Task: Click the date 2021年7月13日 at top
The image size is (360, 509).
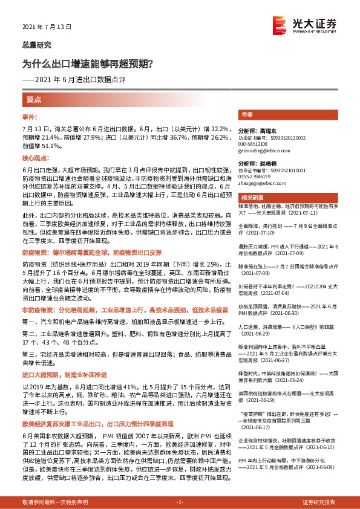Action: click(47, 27)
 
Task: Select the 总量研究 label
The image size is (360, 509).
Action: click(36, 45)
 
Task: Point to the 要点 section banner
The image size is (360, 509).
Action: click(33, 99)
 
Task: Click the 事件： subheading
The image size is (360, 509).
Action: click(30, 115)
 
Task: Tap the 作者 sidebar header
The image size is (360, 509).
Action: click(247, 114)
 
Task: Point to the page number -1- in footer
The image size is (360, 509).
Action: click(179, 503)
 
